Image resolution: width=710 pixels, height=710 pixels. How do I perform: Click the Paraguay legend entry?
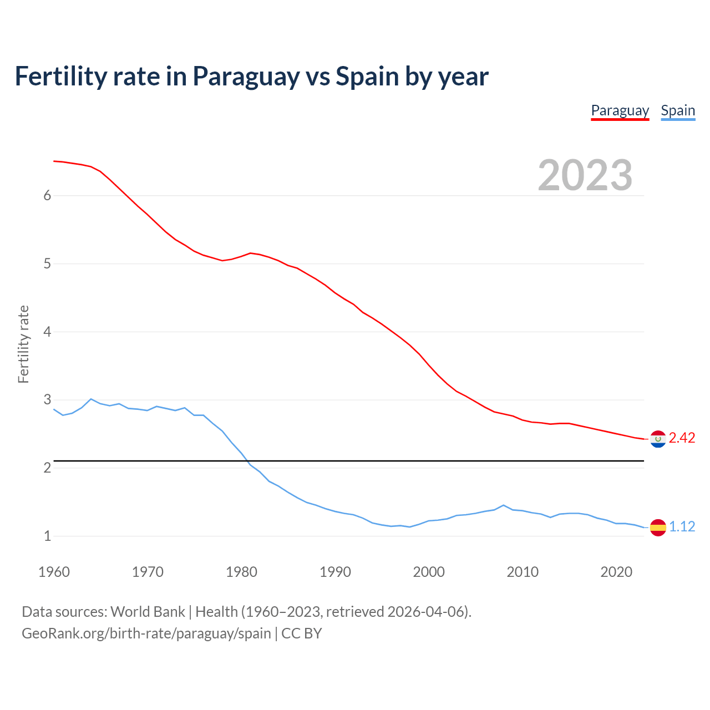(x=620, y=110)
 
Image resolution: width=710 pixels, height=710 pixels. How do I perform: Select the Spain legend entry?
(x=678, y=110)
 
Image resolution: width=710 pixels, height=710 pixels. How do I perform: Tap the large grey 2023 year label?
(x=585, y=175)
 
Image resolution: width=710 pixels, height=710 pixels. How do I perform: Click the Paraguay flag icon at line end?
(x=658, y=439)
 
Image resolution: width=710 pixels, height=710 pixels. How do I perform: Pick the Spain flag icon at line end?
(x=658, y=527)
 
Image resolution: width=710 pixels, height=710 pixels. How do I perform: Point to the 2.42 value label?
(x=682, y=438)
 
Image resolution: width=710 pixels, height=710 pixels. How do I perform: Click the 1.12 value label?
(x=682, y=526)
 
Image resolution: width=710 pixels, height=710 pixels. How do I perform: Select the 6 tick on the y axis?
(x=47, y=195)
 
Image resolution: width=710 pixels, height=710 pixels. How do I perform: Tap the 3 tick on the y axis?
(x=47, y=400)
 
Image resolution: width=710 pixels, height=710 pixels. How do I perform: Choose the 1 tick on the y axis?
(x=47, y=536)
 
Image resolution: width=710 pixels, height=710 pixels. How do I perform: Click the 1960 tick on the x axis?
(x=54, y=572)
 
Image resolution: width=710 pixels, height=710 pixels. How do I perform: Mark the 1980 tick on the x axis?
(x=241, y=572)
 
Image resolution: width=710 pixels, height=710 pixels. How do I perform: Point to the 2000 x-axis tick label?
(x=429, y=572)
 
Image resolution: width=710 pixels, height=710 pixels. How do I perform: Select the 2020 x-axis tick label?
(x=616, y=572)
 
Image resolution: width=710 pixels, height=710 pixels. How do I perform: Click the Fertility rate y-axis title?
(x=23, y=344)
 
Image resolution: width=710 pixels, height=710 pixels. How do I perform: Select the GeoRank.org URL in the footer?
(x=146, y=633)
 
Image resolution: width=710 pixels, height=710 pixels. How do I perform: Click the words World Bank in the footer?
(x=148, y=612)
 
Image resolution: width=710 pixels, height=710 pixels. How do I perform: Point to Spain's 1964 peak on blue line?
(x=91, y=399)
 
